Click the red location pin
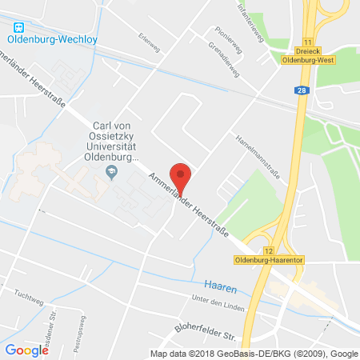(x=183, y=178)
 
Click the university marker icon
(x=112, y=172)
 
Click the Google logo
(x=27, y=350)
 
